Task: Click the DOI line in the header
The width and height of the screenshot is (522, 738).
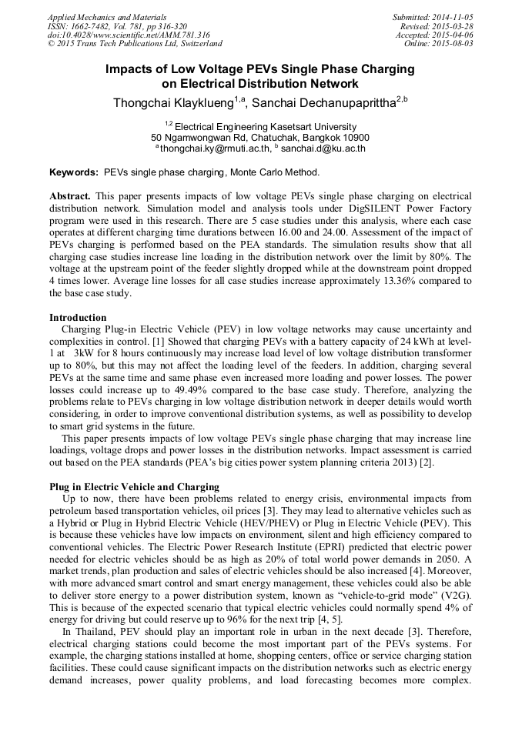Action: click(129, 35)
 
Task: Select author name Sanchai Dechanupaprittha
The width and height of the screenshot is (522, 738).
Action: click(323, 103)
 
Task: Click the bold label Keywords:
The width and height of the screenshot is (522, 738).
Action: click(75, 172)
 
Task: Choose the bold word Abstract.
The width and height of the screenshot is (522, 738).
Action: click(70, 196)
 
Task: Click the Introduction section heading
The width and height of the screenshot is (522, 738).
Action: click(78, 317)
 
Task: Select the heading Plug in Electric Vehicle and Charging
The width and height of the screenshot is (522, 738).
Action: click(134, 486)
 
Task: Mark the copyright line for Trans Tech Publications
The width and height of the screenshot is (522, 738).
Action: click(135, 44)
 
